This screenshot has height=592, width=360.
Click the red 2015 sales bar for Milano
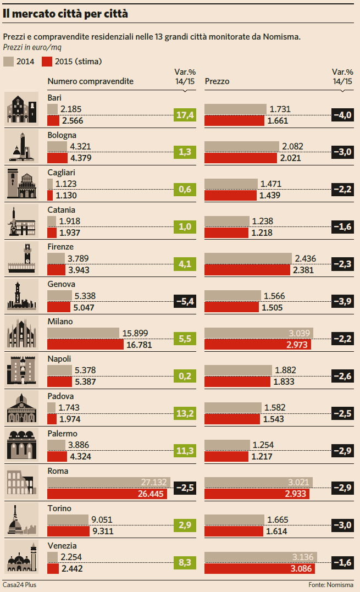(85, 344)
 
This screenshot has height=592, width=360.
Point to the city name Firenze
(60, 247)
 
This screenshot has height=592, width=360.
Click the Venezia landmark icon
(21, 556)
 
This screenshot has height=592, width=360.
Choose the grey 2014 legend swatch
(8, 61)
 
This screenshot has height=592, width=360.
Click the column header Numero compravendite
(90, 81)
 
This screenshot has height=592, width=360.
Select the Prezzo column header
(217, 81)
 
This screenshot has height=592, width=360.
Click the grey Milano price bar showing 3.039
(258, 333)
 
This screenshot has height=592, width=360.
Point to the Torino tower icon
(21, 519)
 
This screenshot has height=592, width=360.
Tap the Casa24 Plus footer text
(19, 585)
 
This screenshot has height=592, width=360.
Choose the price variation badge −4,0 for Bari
(342, 114)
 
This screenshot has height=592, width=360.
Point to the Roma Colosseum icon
(21, 482)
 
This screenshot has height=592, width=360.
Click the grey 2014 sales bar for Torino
(68, 519)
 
